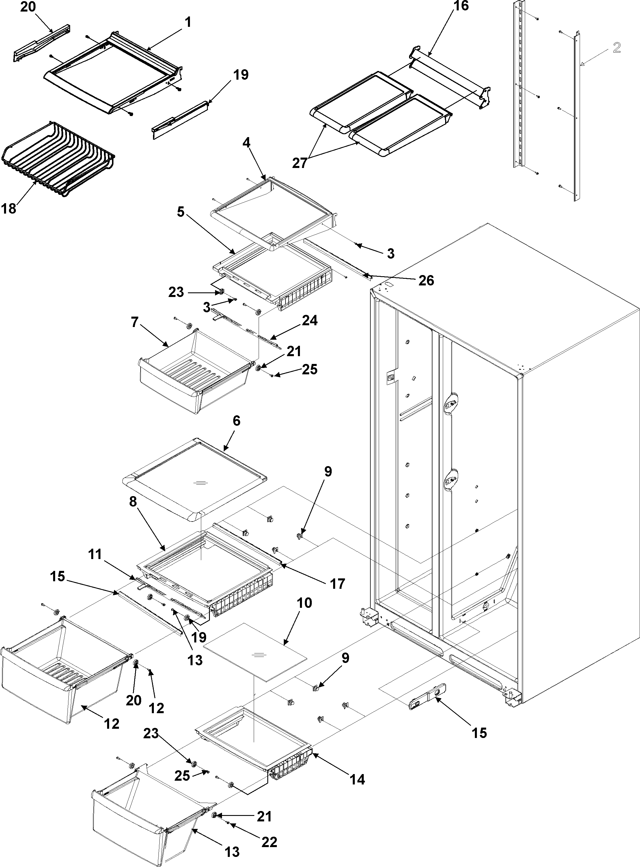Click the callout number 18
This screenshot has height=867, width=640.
[x=9, y=209]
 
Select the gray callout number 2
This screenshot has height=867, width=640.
[x=617, y=48]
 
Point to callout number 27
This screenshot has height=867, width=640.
[x=299, y=163]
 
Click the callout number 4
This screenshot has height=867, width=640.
[x=247, y=143]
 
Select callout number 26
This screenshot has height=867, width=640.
[x=426, y=280]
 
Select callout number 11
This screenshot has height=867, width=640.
[x=95, y=555]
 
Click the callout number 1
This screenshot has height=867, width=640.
[x=188, y=23]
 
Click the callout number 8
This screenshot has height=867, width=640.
[x=133, y=502]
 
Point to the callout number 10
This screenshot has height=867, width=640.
[x=304, y=603]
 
